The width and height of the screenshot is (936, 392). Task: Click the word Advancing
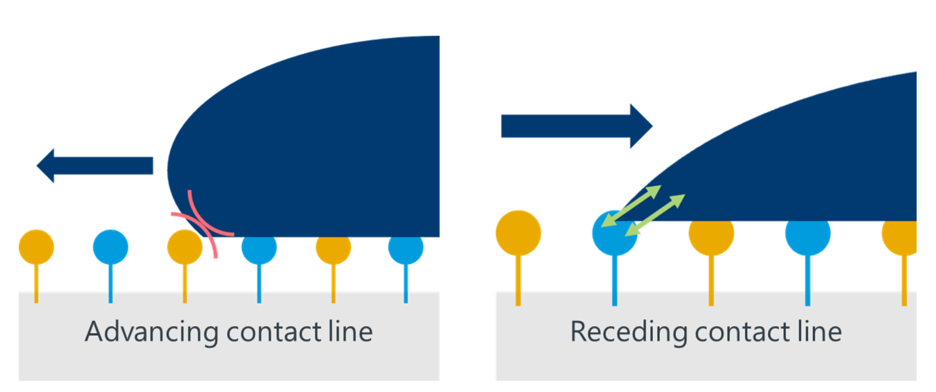(x=151, y=333)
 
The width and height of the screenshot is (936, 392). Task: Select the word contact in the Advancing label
(x=273, y=333)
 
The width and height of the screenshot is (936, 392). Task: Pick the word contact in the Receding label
(x=742, y=333)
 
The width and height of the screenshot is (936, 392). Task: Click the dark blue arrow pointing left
(x=95, y=166)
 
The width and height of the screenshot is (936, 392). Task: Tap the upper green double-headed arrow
(x=632, y=206)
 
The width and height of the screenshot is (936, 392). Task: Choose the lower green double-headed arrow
(x=655, y=215)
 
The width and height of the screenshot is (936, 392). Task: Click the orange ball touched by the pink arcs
(x=184, y=247)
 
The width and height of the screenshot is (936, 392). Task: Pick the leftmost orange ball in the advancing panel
(x=36, y=247)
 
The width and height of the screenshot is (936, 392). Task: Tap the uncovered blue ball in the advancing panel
(x=111, y=247)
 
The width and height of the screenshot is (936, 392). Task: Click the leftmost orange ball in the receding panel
(x=518, y=233)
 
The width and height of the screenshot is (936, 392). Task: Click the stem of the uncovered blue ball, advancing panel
(x=111, y=283)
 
